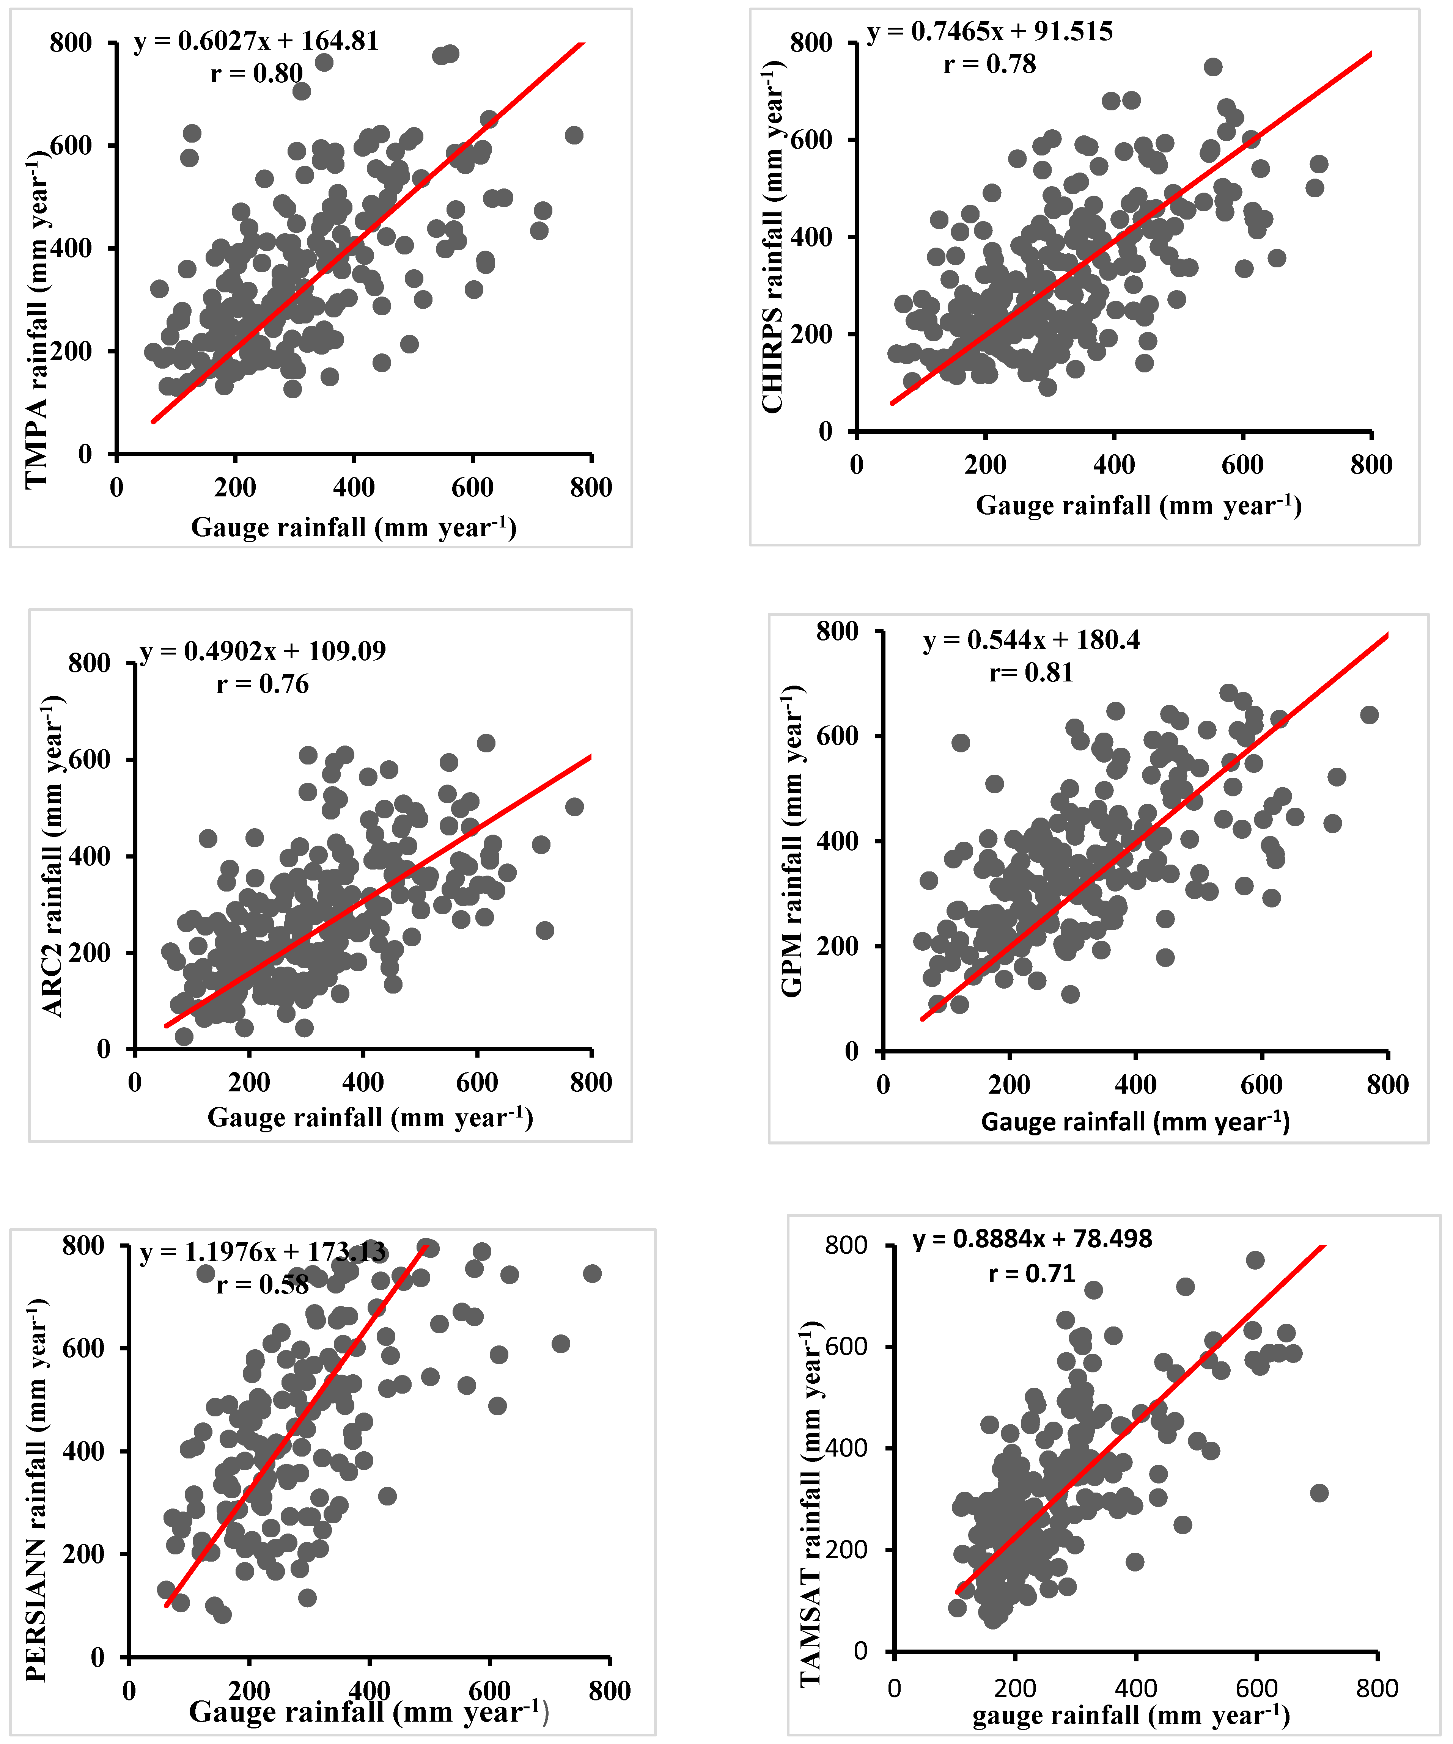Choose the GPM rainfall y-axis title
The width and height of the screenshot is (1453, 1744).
tap(792, 840)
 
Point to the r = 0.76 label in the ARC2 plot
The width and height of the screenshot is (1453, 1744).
tap(263, 684)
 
